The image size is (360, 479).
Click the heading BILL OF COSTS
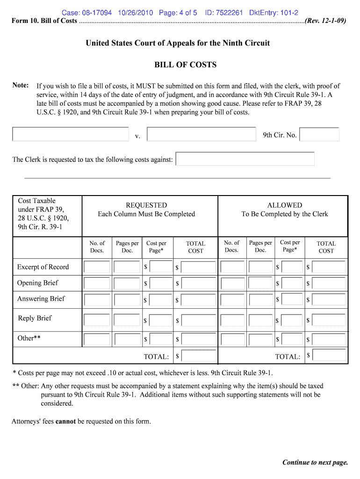click(x=185, y=65)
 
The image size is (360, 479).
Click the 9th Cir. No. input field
click(x=319, y=135)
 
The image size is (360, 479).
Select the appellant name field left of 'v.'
click(x=70, y=134)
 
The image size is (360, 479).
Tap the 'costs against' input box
click(x=245, y=159)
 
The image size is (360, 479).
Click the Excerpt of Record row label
click(x=43, y=267)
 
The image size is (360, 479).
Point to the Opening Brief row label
click(x=38, y=283)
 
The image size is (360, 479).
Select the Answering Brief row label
click(x=41, y=299)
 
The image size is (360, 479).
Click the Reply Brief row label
click(x=35, y=318)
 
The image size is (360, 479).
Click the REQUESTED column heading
click(x=146, y=205)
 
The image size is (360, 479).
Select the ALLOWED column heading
click(x=284, y=205)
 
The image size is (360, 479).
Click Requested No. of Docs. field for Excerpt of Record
click(x=97, y=267)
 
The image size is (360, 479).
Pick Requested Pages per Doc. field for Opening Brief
click(x=127, y=283)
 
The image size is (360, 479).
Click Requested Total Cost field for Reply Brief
click(x=198, y=320)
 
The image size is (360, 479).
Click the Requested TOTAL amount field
click(x=198, y=356)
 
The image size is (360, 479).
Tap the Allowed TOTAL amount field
click(x=329, y=356)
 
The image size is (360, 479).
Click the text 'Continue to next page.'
click(x=315, y=463)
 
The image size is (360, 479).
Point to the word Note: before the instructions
click(x=21, y=85)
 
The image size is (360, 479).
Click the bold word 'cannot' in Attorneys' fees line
click(x=65, y=421)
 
